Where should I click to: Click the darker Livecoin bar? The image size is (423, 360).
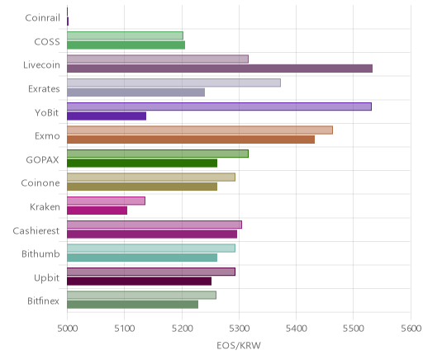tap(220, 69)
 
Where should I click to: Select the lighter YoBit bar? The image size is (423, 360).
tap(219, 107)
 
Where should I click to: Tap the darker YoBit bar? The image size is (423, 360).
tap(107, 116)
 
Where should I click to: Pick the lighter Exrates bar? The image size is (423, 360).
tap(173, 83)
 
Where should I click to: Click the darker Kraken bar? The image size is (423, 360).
tap(97, 211)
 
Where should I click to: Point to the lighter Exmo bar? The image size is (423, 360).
tap(200, 130)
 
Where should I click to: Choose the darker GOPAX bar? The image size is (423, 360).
tap(142, 163)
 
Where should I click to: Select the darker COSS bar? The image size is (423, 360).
tap(126, 45)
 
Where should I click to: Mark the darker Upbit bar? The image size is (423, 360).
tap(140, 282)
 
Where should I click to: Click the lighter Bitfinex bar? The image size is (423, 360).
tap(141, 295)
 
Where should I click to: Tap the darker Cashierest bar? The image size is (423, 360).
tap(152, 234)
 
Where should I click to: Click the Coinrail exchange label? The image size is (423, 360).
tap(42, 18)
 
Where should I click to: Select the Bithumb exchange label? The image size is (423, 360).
tap(40, 253)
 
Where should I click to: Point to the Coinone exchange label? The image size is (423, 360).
tap(40, 183)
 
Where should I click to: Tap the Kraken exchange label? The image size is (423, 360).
tap(45, 206)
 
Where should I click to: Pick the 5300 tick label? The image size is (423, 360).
tap(240, 329)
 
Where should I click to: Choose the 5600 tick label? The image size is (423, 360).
tap(411, 329)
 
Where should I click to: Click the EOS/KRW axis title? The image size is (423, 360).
tap(239, 346)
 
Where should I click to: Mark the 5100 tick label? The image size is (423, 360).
tap(125, 329)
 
